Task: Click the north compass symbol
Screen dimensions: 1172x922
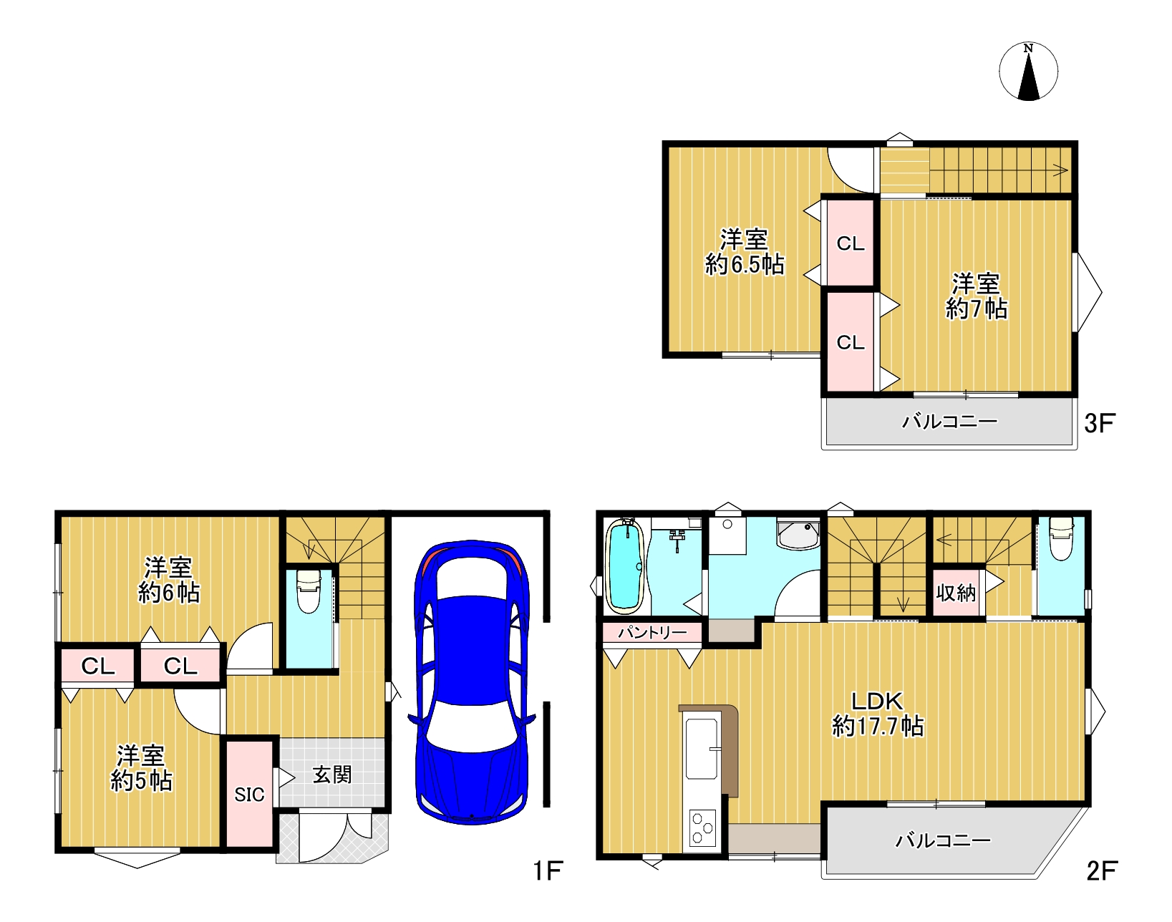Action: pos(1028,71)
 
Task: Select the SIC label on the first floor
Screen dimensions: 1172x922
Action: pos(249,795)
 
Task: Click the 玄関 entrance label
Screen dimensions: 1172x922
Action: pos(331,775)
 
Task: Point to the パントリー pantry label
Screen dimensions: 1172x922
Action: pos(652,632)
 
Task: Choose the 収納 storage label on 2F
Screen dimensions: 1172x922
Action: pos(956,593)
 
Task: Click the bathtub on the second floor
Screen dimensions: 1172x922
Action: pos(625,566)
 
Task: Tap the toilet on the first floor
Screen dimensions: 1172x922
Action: pos(309,591)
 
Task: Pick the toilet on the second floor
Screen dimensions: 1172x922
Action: pos(1061,538)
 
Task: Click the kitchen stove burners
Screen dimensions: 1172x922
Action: pos(702,828)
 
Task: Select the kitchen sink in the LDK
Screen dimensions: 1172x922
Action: pos(702,749)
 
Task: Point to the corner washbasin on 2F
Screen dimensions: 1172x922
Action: pos(798,535)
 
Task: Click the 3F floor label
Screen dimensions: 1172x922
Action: pos(1100,423)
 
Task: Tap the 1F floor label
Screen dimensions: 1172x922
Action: pos(547,870)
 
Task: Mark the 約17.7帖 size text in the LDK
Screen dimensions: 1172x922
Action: pos(877,726)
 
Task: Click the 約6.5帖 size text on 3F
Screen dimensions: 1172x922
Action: pos(745,265)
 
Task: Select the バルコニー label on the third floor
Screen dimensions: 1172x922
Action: pos(950,421)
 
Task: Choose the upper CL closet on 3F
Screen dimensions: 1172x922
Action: pos(850,243)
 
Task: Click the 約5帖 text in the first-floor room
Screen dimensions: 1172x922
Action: pos(142,781)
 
